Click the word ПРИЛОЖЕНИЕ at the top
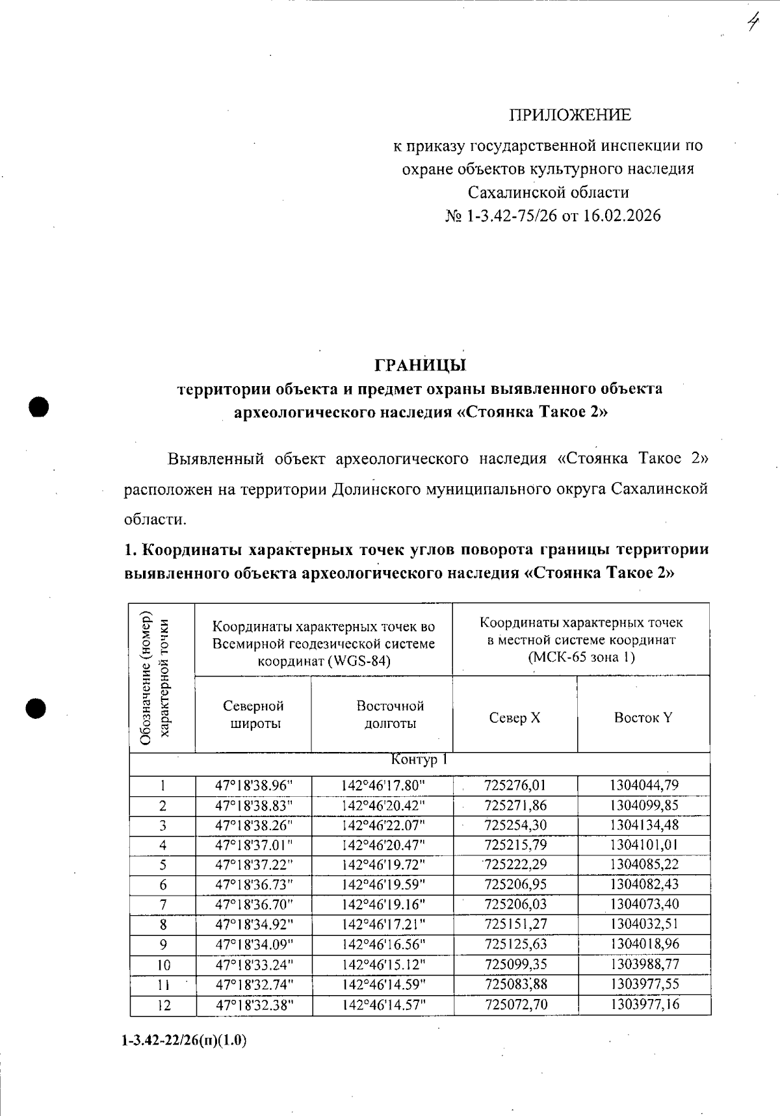click(569, 115)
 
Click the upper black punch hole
click(39, 407)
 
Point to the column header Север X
click(514, 718)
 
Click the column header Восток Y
click(643, 718)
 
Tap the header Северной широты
click(253, 714)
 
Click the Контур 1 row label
click(419, 760)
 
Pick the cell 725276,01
click(515, 785)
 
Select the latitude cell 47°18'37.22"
click(254, 864)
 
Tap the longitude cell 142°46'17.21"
click(383, 924)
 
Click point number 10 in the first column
click(163, 964)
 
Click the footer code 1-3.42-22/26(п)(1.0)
click(184, 1041)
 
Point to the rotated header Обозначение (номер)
click(146, 678)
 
